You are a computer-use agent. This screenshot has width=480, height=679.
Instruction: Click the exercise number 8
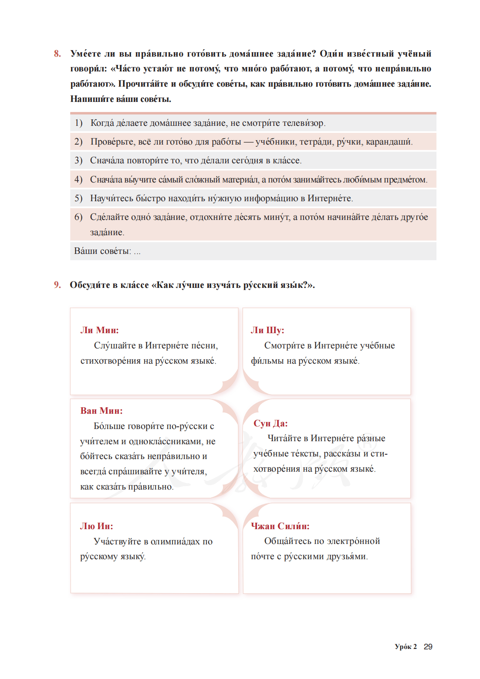pos(57,54)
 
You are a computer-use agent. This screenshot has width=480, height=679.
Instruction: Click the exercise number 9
pos(57,285)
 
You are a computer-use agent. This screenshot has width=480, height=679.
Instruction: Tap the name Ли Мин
pos(99,330)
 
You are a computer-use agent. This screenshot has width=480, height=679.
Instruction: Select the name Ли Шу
pos(267,330)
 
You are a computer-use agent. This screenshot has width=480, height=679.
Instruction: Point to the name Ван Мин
pos(101,411)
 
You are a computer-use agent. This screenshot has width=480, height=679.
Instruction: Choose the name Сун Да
pos(270,423)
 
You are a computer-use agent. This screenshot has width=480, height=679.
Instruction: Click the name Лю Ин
pos(97,526)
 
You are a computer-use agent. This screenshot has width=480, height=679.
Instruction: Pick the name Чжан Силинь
pos(280,526)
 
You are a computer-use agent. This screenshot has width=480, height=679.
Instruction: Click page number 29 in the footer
pos(428,647)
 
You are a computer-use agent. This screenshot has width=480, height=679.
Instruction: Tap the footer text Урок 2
pos(406,647)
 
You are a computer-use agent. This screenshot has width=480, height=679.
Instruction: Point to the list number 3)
pos(78,161)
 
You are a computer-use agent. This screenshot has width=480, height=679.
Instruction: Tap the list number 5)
pos(78,199)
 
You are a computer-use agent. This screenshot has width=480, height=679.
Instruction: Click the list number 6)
pos(78,217)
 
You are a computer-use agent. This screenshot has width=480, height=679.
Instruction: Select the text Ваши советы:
pos(102,251)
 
